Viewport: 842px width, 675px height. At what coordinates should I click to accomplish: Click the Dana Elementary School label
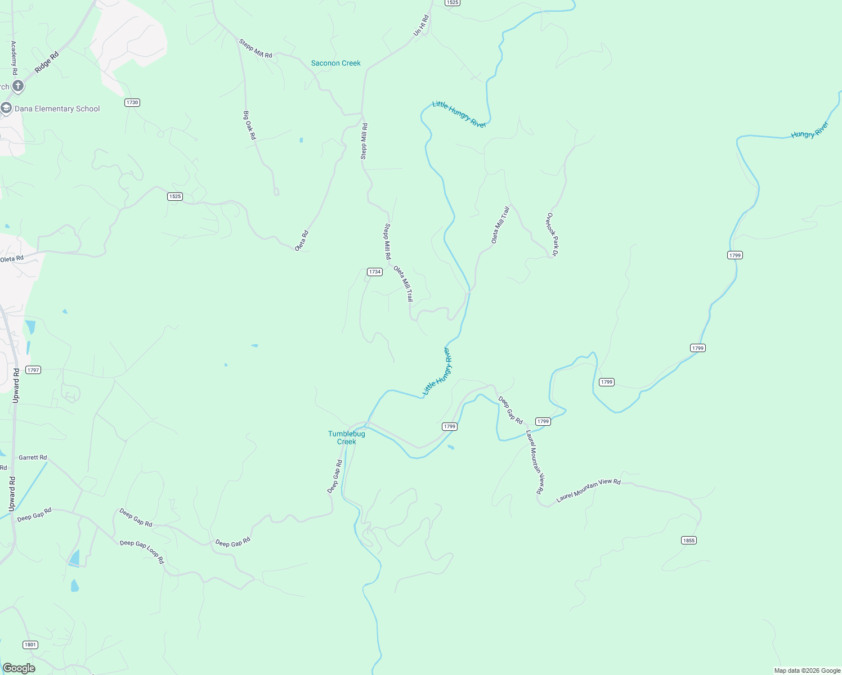57,109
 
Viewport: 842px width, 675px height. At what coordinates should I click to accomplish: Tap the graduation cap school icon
6,108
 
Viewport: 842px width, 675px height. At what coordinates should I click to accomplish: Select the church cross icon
18,86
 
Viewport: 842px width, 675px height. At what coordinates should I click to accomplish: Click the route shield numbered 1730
132,102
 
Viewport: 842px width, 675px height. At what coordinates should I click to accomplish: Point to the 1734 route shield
374,272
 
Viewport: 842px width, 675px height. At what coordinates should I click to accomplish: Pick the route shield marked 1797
33,370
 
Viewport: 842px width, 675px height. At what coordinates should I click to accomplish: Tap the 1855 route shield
688,540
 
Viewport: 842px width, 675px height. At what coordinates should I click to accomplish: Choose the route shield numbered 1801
30,645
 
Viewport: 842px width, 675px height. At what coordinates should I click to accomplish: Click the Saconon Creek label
335,63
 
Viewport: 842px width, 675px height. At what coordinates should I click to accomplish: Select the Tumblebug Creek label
347,438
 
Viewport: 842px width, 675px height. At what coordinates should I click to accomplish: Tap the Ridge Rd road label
47,62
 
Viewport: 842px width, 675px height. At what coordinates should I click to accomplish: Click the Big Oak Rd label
249,125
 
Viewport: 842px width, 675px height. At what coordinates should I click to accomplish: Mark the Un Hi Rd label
421,25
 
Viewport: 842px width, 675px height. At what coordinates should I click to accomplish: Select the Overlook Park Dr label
552,235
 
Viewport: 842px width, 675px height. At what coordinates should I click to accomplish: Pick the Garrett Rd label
33,457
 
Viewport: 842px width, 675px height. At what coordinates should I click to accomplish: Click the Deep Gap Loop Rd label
142,552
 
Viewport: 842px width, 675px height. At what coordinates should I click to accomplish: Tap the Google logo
19,668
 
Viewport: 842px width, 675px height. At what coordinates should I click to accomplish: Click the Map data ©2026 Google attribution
807,670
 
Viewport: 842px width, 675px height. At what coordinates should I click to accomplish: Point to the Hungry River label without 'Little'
810,130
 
